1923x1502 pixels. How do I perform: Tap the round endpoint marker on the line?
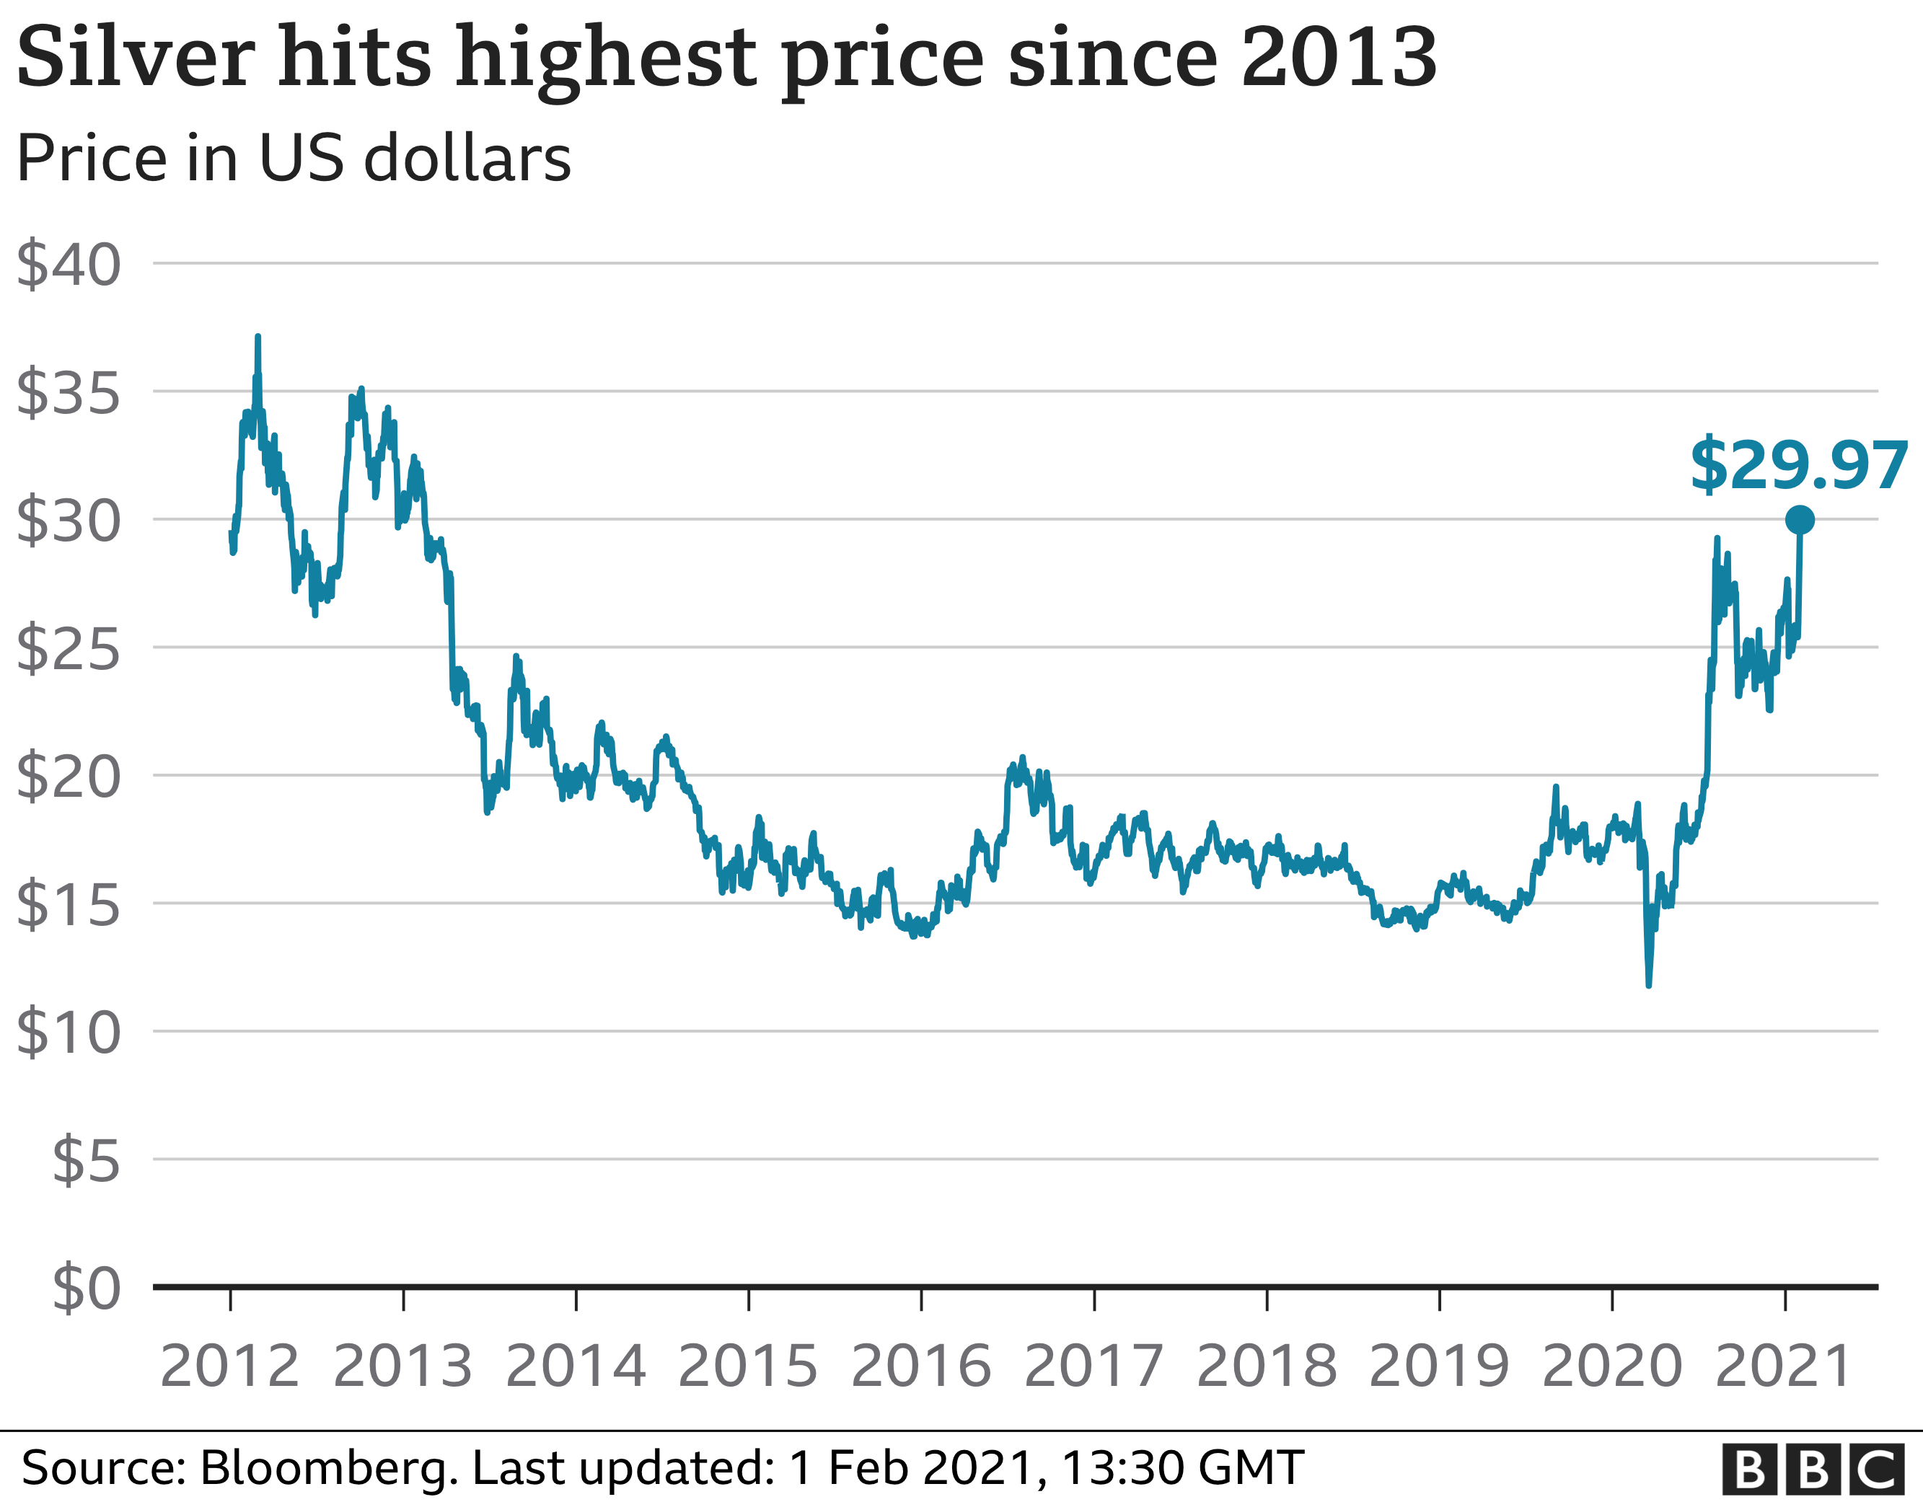(x=1799, y=521)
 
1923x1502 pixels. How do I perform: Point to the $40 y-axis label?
(x=69, y=264)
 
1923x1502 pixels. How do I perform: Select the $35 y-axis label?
(x=69, y=393)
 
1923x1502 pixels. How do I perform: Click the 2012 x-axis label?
(x=230, y=1366)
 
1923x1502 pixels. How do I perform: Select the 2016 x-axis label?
(x=921, y=1366)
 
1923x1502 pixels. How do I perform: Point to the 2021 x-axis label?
(x=1785, y=1366)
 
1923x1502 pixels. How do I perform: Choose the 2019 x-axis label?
(x=1439, y=1366)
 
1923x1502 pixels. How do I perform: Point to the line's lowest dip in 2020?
(x=1648, y=984)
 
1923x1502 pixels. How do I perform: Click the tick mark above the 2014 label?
(x=576, y=1300)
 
